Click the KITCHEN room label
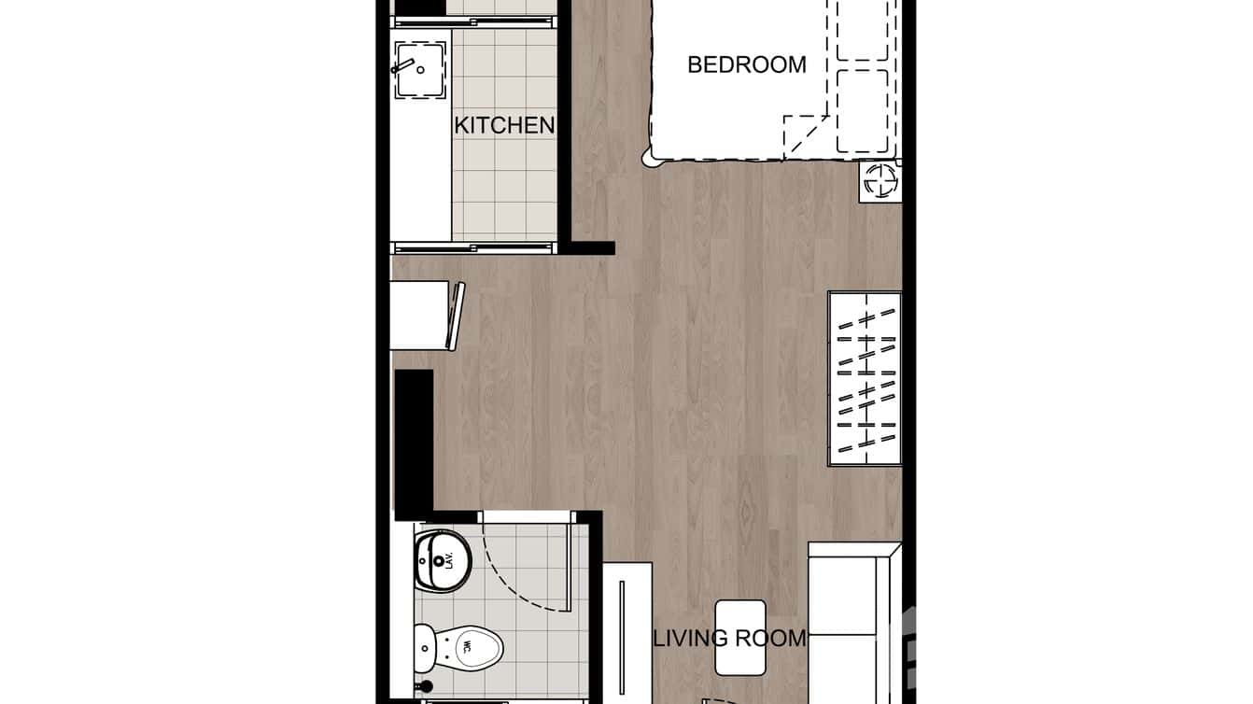point(504,125)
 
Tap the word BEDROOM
point(746,64)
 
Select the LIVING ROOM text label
point(729,639)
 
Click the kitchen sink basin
point(421,71)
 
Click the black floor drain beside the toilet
point(427,687)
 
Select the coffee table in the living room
point(740,638)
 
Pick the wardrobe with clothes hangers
point(865,378)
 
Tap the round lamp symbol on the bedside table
point(880,181)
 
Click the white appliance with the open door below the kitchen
point(425,316)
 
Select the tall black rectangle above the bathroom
point(414,444)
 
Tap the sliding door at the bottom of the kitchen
point(474,247)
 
